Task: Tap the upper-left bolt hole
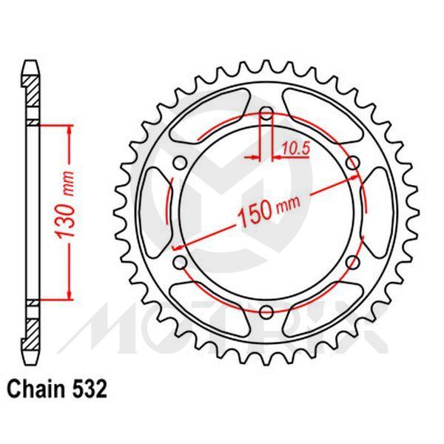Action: pyautogui.click(x=180, y=164)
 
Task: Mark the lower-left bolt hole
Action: pyautogui.click(x=180, y=262)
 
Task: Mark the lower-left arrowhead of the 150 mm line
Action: pyautogui.click(x=178, y=246)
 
